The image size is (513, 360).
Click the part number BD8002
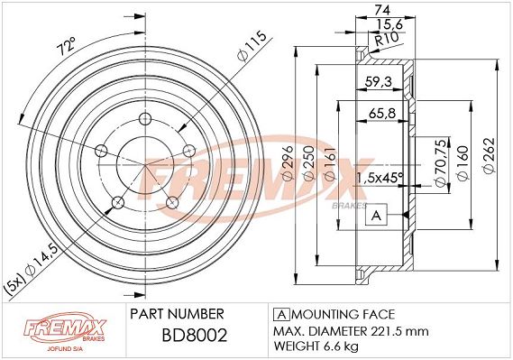(195, 336)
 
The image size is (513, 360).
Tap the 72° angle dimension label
(67, 46)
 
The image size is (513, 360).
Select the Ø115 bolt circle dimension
(252, 46)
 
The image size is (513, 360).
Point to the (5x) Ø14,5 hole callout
(35, 270)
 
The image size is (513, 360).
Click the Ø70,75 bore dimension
(441, 163)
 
